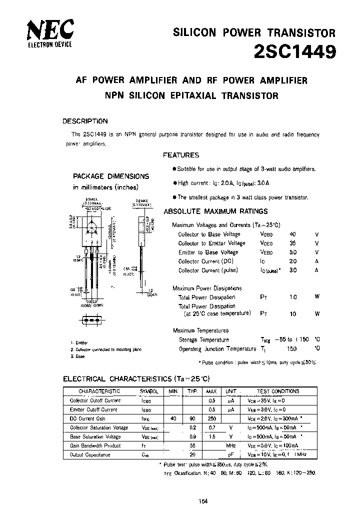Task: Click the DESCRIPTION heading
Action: pos(84,121)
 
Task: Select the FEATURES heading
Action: pos(181,155)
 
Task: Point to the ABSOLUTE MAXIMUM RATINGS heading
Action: pos(216,211)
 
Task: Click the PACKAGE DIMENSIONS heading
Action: pos(111,176)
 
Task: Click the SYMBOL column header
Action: pos(148,391)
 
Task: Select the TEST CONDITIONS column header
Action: pos(278,391)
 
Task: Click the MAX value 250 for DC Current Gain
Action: pos(211,418)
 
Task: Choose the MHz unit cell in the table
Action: pos(230,445)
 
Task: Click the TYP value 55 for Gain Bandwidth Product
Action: pos(191,445)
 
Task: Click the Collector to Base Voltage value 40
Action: pos(293,234)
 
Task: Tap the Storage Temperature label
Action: pos(204,340)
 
